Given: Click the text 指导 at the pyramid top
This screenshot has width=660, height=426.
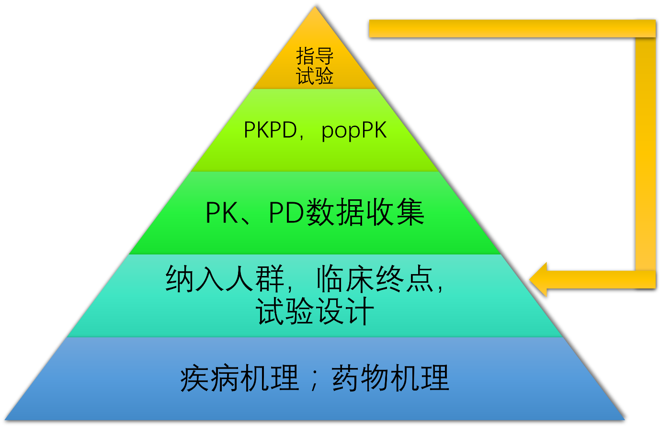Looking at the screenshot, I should (x=315, y=56).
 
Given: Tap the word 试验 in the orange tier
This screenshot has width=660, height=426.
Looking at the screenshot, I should (x=315, y=76).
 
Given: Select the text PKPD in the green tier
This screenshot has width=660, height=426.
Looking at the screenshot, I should (x=270, y=130).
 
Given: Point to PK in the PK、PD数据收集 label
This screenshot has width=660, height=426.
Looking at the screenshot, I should (x=221, y=213).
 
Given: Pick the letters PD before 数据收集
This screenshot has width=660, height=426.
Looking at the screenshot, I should (x=286, y=213).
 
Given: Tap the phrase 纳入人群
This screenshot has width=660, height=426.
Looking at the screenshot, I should (x=225, y=279).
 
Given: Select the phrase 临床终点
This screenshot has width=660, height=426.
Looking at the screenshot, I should (x=374, y=279).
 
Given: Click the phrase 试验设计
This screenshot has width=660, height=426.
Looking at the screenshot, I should (x=315, y=312).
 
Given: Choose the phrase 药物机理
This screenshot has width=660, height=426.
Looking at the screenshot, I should (x=390, y=378).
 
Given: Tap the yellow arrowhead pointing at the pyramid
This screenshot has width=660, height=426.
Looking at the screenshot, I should (x=538, y=279).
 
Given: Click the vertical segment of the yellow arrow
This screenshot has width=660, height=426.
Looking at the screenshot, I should (x=645, y=153).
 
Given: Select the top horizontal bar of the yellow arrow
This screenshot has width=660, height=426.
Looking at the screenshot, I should (x=508, y=29).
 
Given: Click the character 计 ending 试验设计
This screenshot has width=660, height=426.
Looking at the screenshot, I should (x=359, y=312).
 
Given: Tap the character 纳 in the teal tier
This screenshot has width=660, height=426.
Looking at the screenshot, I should (x=180, y=279).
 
